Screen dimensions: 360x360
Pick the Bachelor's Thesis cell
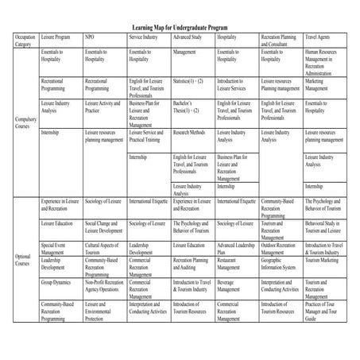click(x=187, y=106)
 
